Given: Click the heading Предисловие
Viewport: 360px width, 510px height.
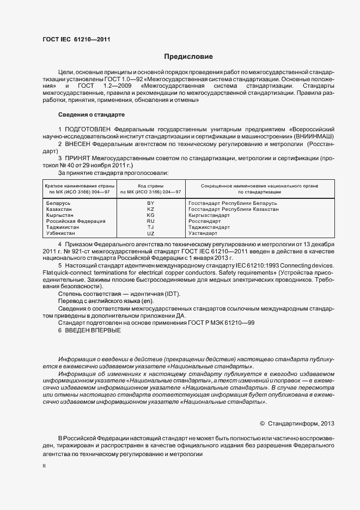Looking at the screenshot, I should coord(188,57).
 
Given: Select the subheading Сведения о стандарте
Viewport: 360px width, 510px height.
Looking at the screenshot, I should coord(91,115).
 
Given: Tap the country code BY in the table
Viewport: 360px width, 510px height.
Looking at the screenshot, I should coord(151,203).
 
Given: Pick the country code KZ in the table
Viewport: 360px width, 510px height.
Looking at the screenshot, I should coord(151,209).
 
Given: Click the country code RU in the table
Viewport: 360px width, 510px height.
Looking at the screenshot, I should coord(151,221).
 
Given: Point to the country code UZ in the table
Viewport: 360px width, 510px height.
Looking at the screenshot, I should coord(151,233).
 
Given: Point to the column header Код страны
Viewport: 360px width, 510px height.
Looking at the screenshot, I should coord(151,186).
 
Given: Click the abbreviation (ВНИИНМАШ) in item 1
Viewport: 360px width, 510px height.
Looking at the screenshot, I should coord(315,136).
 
